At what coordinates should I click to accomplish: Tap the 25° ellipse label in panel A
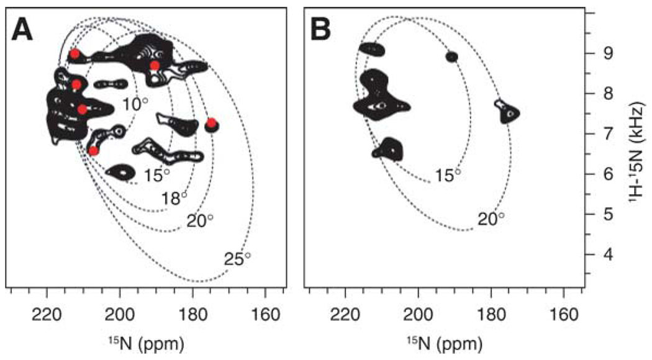238,259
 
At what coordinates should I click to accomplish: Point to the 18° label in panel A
174,198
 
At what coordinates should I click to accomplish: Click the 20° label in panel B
491,218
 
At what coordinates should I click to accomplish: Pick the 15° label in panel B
448,176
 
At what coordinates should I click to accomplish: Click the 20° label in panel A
200,220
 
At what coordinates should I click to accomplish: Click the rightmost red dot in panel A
211,123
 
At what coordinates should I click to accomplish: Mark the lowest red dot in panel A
94,151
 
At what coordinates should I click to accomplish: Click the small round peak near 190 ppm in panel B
451,56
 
